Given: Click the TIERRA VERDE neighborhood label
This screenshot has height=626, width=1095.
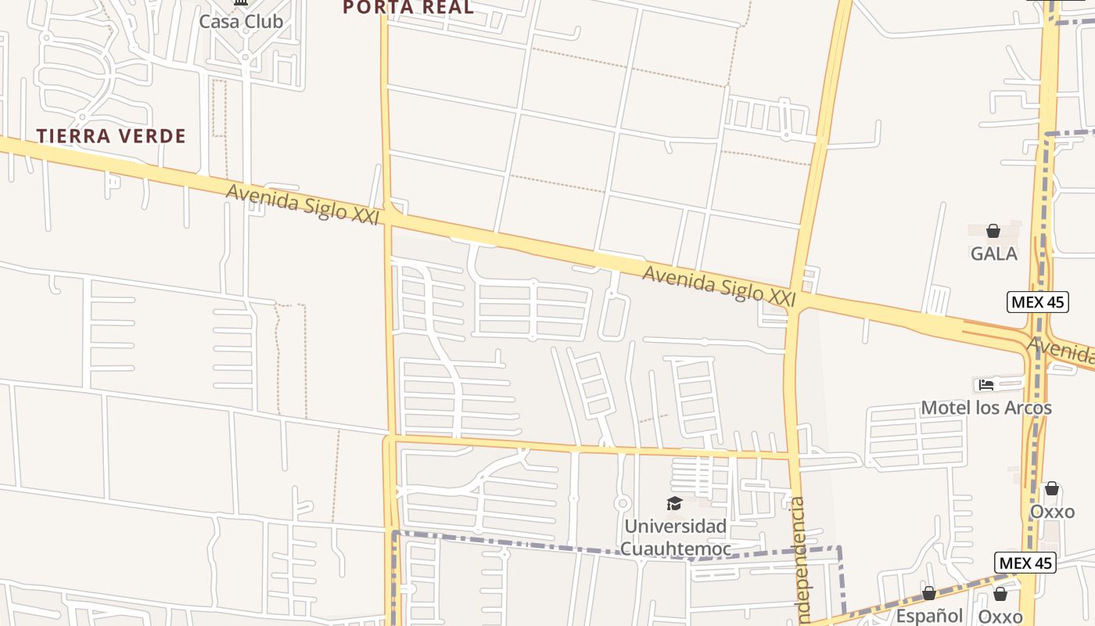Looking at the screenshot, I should point(111,136).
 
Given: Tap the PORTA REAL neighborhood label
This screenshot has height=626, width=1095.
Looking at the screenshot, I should point(408,8).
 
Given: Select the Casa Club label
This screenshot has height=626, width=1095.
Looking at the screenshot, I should point(241,21).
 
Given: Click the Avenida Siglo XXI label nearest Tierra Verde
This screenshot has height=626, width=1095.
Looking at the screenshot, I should point(302,204).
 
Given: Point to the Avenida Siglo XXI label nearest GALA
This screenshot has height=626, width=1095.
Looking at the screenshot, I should point(719,286).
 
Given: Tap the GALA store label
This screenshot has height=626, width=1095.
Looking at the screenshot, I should point(993,254).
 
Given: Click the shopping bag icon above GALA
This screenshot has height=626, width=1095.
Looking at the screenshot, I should point(993,231).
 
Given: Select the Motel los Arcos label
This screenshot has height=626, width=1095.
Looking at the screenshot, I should point(985,408).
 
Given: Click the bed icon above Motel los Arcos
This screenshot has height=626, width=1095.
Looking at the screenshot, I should point(986,384).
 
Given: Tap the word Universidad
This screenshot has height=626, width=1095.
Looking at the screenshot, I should point(675,526).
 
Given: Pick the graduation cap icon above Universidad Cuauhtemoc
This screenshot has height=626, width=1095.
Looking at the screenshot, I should point(674,503).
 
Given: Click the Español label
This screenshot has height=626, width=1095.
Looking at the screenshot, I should point(929,616).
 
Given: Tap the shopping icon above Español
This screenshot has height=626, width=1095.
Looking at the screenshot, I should point(929,593).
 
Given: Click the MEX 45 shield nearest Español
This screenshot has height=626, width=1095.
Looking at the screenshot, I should point(1025,563).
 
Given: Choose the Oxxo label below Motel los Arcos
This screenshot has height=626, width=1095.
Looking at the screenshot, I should point(1052,512).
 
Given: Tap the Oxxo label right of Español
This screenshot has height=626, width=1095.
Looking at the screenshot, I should point(1000,617).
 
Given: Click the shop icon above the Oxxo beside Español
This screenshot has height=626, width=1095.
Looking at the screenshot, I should point(1000,594).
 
